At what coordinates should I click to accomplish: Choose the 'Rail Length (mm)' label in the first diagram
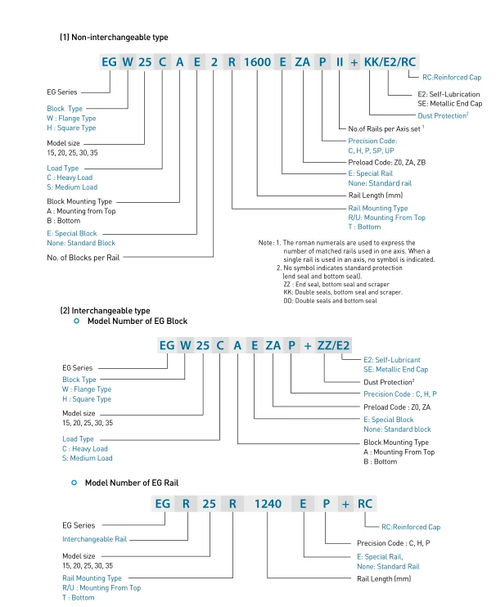[x=373, y=196]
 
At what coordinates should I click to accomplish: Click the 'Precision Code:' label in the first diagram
[x=372, y=141]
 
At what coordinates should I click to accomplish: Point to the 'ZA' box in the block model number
[x=269, y=346]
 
